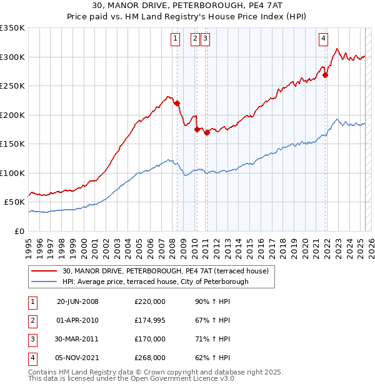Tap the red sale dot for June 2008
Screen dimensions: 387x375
pos(177,104)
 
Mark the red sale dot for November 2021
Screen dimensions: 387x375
pos(326,76)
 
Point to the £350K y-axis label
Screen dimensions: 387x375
pos(12,28)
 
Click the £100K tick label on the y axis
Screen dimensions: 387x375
pos(12,173)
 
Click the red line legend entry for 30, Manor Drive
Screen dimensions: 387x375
pos(165,271)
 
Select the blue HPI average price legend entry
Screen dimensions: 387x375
pos(155,282)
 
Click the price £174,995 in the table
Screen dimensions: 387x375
pos(150,320)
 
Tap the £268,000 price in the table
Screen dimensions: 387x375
pos(150,358)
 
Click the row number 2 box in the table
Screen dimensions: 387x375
pos(32,320)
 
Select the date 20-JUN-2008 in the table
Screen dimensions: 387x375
pos(77,301)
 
